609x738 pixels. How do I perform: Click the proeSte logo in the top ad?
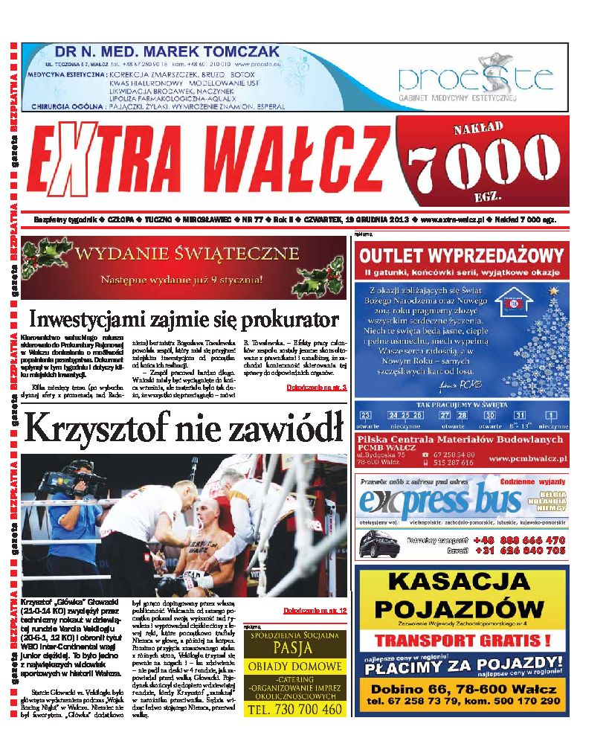[476, 78]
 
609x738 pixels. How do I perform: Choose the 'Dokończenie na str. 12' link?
[315, 610]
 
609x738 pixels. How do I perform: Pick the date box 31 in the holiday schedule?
[521, 415]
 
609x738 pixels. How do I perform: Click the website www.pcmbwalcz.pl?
[528, 460]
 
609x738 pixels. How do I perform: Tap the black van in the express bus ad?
[378, 545]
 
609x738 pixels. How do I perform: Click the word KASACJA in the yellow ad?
[462, 580]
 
